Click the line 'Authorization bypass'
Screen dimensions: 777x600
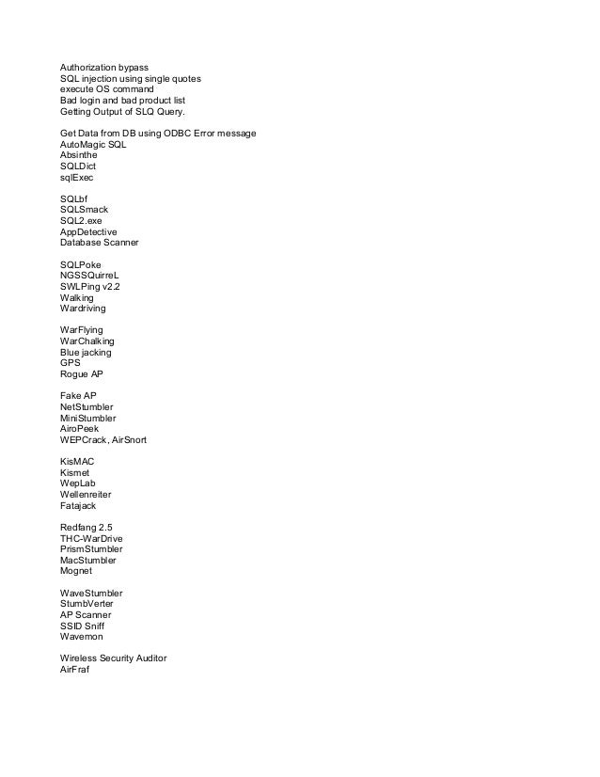[x=103, y=69]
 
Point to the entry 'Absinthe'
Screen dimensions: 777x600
[x=80, y=155]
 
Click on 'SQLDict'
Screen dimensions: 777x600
[x=78, y=166]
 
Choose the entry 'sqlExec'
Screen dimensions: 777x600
[x=77, y=177]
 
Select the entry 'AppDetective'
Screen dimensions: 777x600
[x=88, y=230]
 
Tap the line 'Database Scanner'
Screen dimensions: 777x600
[x=99, y=242]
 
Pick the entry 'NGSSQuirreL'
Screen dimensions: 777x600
[x=92, y=275]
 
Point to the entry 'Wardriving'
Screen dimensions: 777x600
[x=83, y=308]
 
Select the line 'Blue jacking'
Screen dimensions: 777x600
[x=86, y=351]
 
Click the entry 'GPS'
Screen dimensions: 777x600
[x=71, y=362]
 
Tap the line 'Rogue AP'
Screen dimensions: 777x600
[x=82, y=373]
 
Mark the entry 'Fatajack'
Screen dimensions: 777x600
[x=79, y=504]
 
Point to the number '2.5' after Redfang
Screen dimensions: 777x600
[x=110, y=527]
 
